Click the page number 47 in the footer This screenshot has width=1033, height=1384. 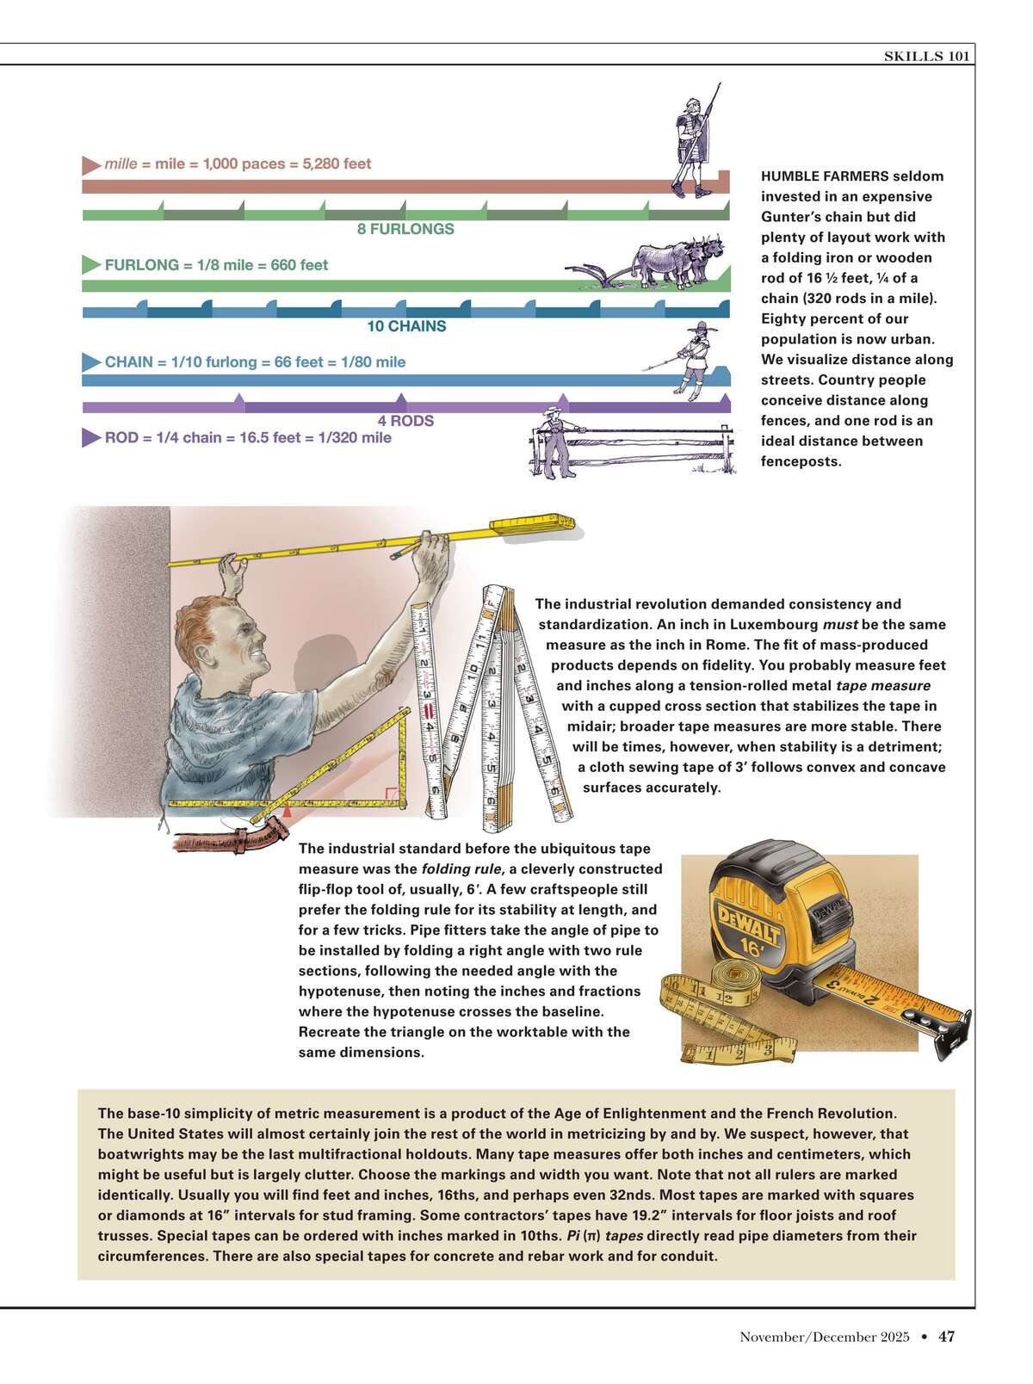(946, 1337)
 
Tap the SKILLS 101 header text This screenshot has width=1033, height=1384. (927, 56)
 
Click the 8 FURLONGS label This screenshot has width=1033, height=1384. (405, 229)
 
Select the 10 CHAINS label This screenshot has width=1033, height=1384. (406, 326)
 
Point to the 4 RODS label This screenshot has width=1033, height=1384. (405, 421)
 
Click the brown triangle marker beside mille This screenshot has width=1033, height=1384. (90, 164)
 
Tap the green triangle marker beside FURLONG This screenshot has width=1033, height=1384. (90, 265)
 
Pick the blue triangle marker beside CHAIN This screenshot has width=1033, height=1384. (90, 362)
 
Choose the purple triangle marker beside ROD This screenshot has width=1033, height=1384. (90, 438)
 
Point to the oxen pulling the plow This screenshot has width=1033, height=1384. (671, 258)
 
